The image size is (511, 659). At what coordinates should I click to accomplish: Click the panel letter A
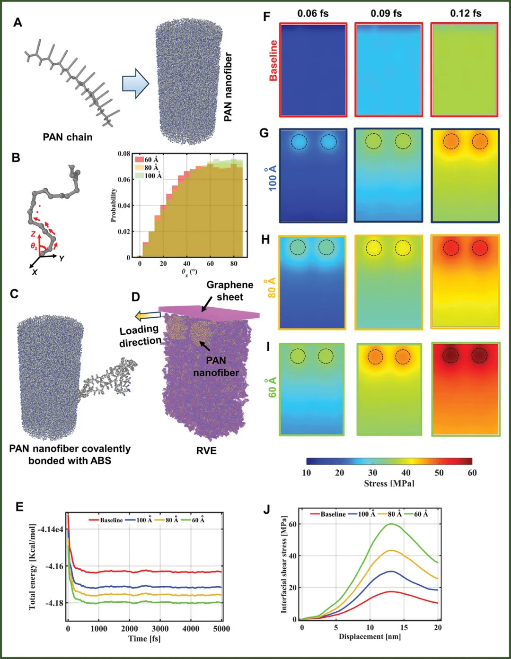[18, 22]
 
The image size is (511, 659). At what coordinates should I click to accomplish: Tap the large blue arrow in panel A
[135, 84]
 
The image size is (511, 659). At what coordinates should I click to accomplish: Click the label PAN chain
[68, 137]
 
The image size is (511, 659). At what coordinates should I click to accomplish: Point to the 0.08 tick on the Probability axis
[123, 154]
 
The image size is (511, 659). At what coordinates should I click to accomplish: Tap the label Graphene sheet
[229, 291]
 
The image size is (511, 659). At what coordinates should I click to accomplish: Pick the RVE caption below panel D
[206, 451]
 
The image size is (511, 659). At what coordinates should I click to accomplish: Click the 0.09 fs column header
[386, 13]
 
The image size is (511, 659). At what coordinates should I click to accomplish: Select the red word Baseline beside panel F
[273, 61]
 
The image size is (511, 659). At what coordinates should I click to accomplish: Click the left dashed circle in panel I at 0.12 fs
[450, 355]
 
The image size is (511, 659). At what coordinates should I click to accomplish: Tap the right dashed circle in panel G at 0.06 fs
[328, 141]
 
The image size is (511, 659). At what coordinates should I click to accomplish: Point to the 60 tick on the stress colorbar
[472, 473]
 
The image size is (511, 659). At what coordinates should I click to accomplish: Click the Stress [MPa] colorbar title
[389, 483]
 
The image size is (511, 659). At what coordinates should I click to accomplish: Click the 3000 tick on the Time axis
[160, 629]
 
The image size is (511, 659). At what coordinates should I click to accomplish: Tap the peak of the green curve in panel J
[392, 524]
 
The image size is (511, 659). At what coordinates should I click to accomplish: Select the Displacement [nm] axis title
[370, 636]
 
